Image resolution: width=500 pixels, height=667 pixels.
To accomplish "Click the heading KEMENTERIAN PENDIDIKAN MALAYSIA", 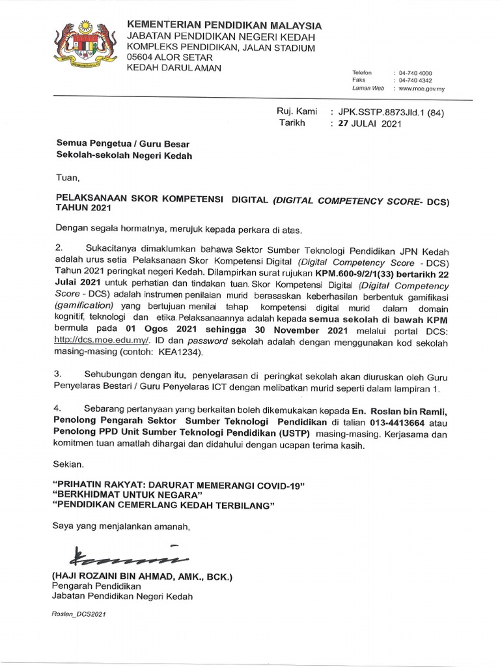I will (x=224, y=25).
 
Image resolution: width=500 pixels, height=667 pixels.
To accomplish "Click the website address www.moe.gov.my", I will (x=421, y=88).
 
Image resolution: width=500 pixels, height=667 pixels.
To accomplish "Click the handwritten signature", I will (x=117, y=557).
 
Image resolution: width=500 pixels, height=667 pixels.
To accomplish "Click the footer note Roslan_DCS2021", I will (x=79, y=614).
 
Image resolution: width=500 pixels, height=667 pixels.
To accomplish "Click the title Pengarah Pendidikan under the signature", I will (x=96, y=587).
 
